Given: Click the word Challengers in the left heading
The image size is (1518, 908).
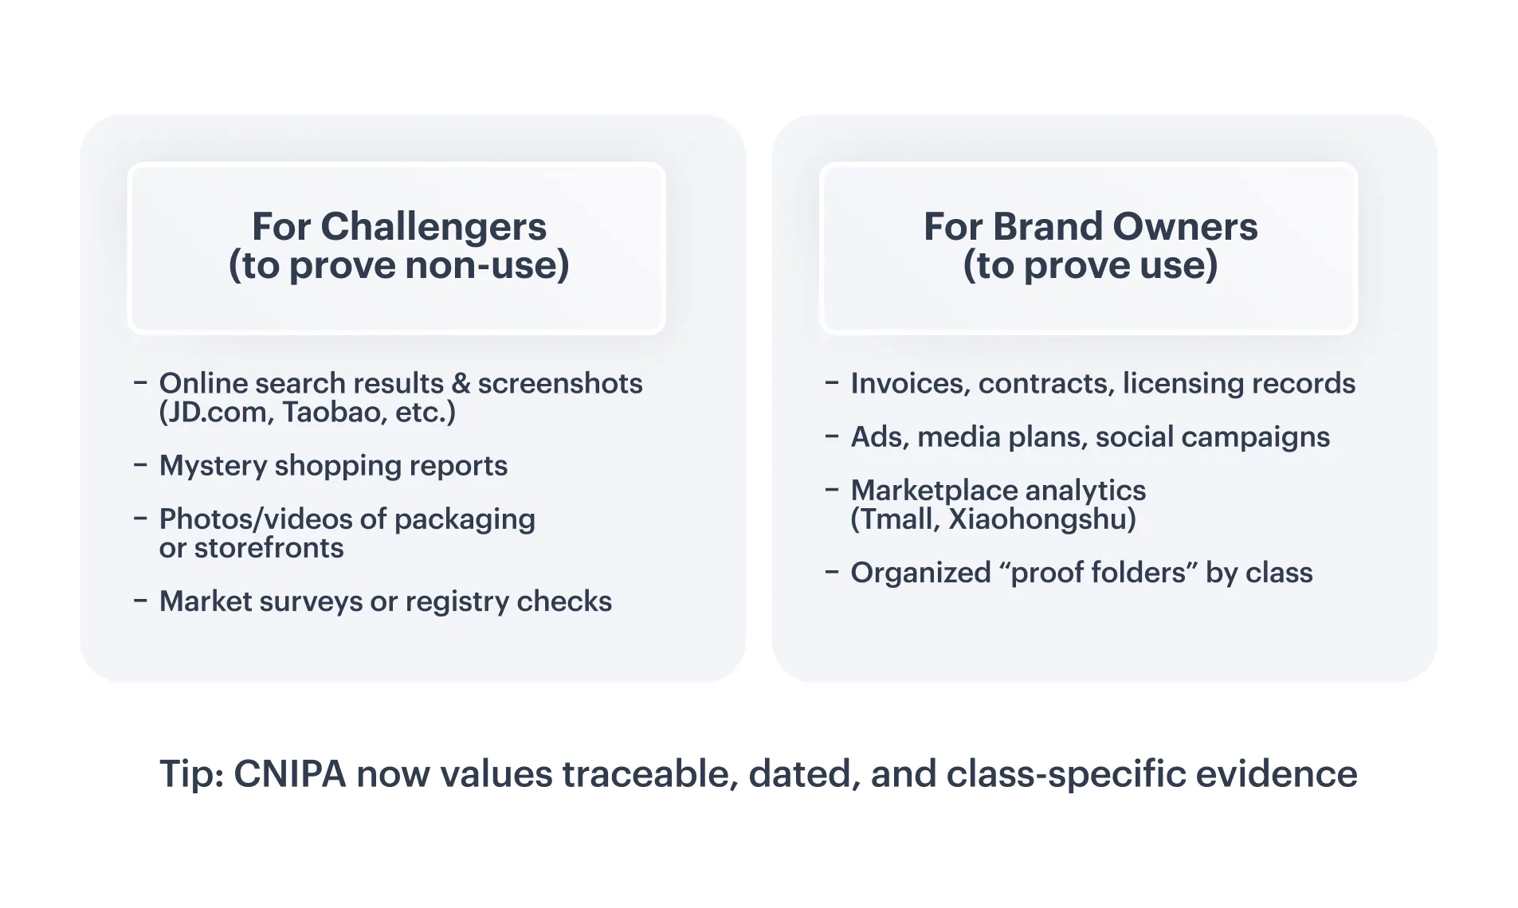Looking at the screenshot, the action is click(x=433, y=227).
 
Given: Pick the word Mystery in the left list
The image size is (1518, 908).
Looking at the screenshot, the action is click(x=213, y=466).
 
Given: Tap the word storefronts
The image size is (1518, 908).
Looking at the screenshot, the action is click(x=269, y=548).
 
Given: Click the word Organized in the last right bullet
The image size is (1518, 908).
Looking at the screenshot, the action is click(x=920, y=573).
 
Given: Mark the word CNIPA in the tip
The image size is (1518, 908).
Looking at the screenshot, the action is click(x=290, y=774).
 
